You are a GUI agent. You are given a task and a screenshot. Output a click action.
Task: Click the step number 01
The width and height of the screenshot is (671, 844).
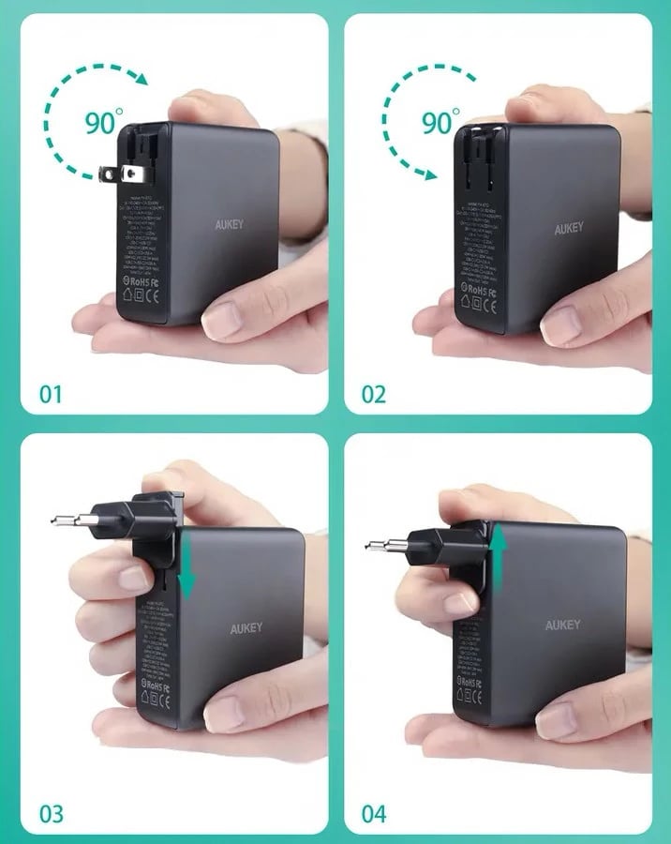point(50,392)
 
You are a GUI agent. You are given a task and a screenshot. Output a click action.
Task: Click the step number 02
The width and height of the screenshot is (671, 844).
point(373,392)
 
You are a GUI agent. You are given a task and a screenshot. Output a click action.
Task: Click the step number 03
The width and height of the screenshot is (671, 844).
point(51,812)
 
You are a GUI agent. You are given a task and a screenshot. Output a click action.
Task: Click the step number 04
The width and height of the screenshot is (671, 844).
point(374,812)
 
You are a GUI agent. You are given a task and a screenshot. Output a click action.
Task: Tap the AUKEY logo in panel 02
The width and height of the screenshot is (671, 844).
point(568,228)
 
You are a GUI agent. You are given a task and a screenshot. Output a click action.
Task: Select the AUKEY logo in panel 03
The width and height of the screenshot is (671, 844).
point(247,628)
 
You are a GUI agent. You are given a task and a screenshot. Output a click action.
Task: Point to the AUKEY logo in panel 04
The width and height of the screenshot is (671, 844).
point(563,625)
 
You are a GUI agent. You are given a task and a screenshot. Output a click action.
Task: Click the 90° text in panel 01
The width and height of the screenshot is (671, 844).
point(104,122)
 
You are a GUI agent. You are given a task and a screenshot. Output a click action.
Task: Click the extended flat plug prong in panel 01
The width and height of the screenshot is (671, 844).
point(114,173)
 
